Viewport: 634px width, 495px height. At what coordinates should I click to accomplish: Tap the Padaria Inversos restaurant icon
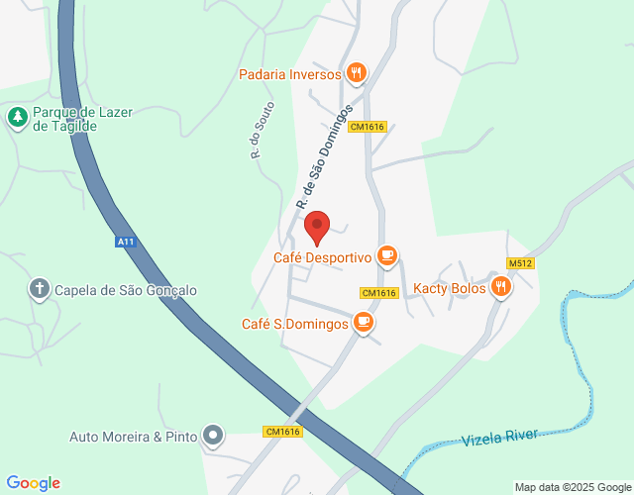(357, 73)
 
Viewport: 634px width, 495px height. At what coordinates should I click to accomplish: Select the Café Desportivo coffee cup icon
(387, 257)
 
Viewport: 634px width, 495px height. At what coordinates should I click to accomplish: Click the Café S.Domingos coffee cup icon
(364, 323)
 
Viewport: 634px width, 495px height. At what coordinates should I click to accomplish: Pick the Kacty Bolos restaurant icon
(502, 287)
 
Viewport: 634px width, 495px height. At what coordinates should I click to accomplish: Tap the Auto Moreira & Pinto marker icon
(213, 436)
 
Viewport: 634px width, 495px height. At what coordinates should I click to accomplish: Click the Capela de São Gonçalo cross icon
(39, 289)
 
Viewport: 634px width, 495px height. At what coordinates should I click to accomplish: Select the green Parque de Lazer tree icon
(17, 119)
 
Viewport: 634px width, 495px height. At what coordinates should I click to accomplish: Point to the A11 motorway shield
(125, 242)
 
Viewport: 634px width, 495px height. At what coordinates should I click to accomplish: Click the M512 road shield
(520, 262)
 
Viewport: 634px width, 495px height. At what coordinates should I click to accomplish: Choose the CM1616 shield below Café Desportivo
(379, 292)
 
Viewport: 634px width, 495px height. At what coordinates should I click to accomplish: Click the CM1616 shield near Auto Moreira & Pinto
(282, 431)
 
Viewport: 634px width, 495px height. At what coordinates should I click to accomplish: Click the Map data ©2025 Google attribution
(572, 487)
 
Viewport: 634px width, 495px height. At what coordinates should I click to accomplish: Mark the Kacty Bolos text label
(450, 288)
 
